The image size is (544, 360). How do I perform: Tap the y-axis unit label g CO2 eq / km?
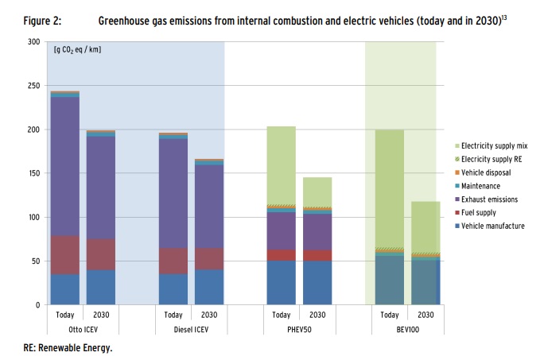pos(77,50)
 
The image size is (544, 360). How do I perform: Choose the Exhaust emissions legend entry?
pos(484,199)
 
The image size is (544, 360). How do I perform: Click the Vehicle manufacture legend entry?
pos(486,226)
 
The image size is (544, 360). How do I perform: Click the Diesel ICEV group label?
pos(190,327)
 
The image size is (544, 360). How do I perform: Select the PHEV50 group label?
pos(297,327)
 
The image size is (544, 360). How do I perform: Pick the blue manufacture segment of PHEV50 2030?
pos(317,283)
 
